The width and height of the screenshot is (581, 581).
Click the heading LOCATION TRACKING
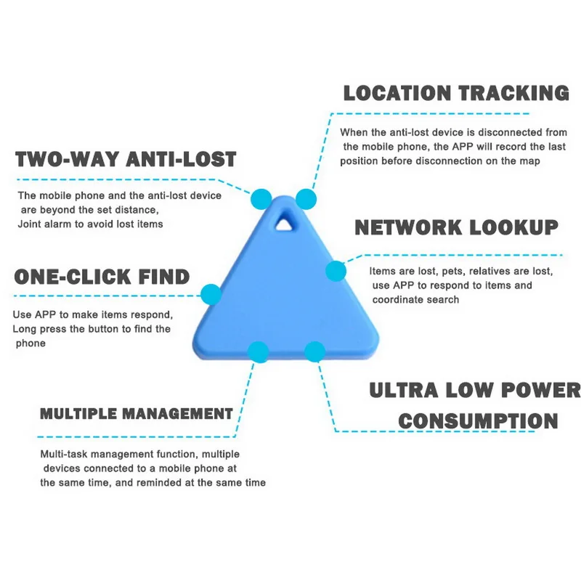(x=455, y=94)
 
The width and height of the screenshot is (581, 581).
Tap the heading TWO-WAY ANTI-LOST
(x=126, y=159)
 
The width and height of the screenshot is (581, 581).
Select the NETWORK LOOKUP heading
(x=456, y=227)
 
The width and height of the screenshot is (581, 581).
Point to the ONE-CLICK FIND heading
(x=102, y=277)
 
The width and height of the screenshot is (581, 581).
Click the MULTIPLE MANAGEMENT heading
(x=136, y=414)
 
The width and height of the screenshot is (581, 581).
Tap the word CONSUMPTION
(x=478, y=420)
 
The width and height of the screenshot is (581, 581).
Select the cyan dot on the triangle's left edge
(x=211, y=294)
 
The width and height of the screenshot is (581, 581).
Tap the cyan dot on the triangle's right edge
(x=336, y=271)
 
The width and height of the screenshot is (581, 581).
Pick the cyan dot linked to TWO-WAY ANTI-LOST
(x=261, y=198)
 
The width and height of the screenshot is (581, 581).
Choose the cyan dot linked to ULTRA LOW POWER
(x=314, y=352)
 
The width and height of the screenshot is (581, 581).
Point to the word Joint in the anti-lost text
(x=31, y=224)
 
